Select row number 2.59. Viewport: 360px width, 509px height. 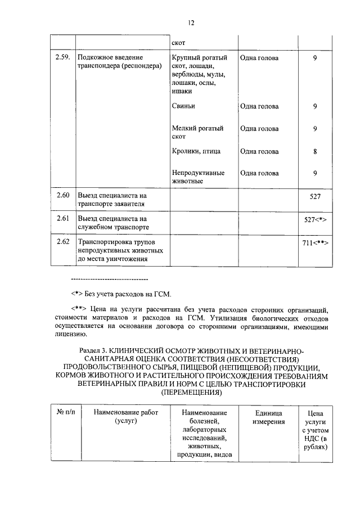click(63, 57)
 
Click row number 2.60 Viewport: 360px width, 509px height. click(63, 196)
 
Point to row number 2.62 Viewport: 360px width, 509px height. click(63, 242)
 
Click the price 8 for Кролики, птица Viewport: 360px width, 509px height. click(315, 151)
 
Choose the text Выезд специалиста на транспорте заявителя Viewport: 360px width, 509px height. click(112, 200)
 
